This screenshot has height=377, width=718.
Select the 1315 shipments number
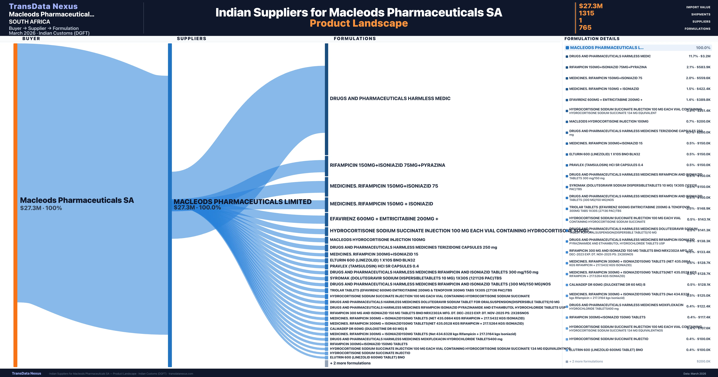click(586, 13)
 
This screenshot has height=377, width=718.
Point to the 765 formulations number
click(585, 28)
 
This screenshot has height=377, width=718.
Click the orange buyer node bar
click(15, 205)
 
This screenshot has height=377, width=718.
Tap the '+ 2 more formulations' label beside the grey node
click(350, 363)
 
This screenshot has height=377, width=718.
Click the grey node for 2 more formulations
click(326, 363)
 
